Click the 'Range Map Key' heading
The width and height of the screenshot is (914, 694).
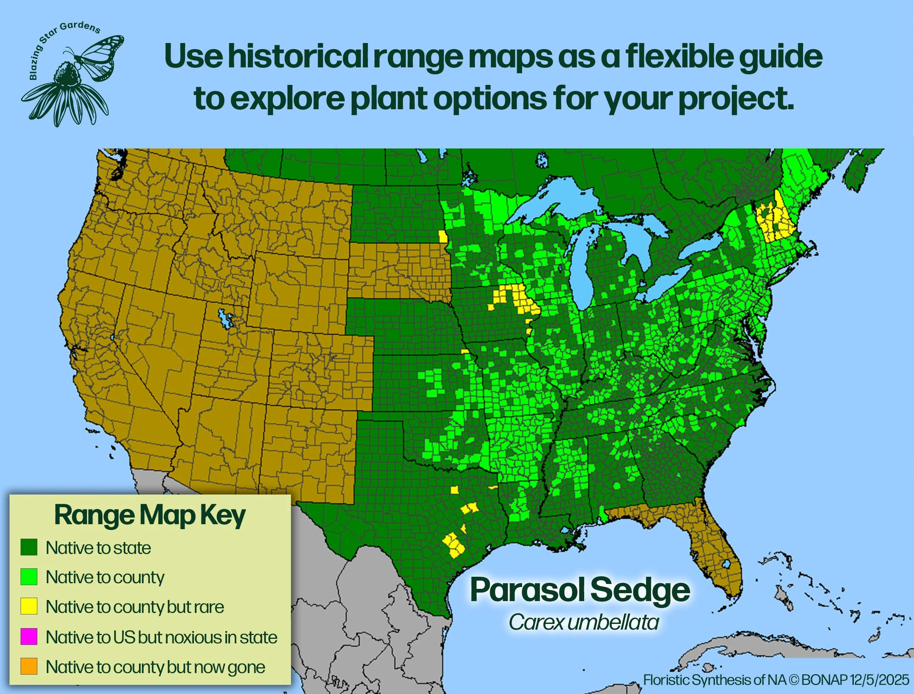pyautogui.click(x=150, y=515)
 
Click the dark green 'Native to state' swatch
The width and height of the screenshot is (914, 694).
pyautogui.click(x=29, y=547)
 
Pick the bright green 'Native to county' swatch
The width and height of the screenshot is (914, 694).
pyautogui.click(x=29, y=577)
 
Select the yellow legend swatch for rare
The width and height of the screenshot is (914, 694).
pyautogui.click(x=29, y=606)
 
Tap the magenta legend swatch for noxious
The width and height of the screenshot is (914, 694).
pyautogui.click(x=29, y=637)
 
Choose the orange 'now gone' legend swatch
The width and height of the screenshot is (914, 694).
pyautogui.click(x=29, y=666)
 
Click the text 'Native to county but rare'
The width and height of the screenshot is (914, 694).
pyautogui.click(x=135, y=607)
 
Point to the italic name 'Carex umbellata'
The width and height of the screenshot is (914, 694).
pyautogui.click(x=583, y=622)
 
